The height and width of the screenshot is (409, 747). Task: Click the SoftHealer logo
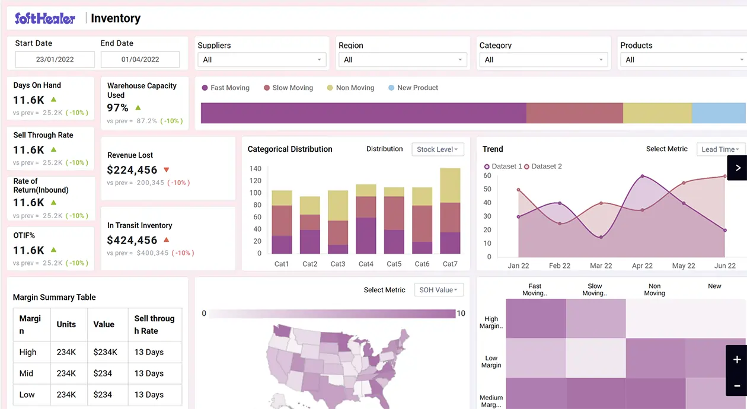pyautogui.click(x=45, y=18)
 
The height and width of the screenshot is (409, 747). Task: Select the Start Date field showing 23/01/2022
pyautogui.click(x=55, y=59)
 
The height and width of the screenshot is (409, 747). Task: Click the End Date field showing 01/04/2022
pyautogui.click(x=140, y=59)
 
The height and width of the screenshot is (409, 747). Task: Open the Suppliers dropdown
pyautogui.click(x=263, y=60)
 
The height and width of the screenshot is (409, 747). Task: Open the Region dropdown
pyautogui.click(x=403, y=60)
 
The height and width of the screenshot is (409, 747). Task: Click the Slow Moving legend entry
pyautogui.click(x=288, y=88)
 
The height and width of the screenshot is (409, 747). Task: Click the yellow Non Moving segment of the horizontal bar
pyautogui.click(x=657, y=113)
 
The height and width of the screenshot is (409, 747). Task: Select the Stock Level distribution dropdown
pyautogui.click(x=438, y=149)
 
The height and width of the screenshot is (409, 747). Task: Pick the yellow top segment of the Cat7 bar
pyautogui.click(x=450, y=186)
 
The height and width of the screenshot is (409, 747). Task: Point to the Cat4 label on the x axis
pyautogui.click(x=366, y=264)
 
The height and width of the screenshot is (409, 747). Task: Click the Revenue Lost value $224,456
pyautogui.click(x=132, y=170)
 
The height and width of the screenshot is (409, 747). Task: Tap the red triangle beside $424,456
pyautogui.click(x=167, y=240)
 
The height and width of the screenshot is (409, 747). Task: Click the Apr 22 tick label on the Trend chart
pyautogui.click(x=642, y=266)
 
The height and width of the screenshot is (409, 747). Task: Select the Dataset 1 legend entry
pyautogui.click(x=503, y=167)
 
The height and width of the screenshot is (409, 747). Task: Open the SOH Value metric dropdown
pyautogui.click(x=439, y=290)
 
